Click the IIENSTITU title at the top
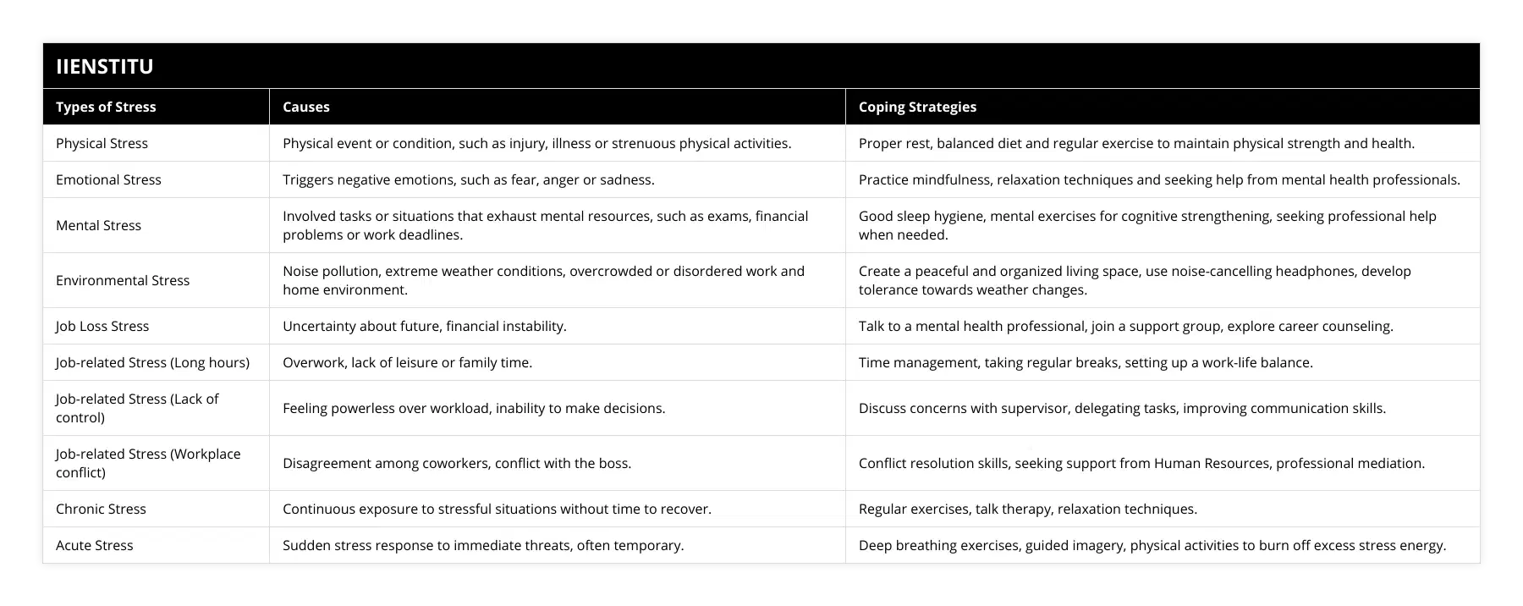coord(105,66)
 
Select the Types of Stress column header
coord(106,107)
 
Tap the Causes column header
coord(306,107)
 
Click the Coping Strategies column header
coord(917,107)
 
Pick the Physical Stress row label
coord(102,143)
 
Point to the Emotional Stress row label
coord(108,179)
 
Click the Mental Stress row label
coord(98,225)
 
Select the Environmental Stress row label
coord(123,280)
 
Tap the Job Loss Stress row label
coord(102,326)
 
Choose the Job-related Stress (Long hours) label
coord(152,362)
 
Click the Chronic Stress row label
coord(101,509)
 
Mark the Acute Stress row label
coord(94,545)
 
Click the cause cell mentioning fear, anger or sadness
coord(468,179)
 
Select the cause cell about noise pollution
coord(543,280)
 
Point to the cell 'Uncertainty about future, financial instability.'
coord(425,326)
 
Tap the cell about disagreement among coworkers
coord(457,463)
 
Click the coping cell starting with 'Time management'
coord(1086,362)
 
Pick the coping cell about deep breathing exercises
coord(1152,545)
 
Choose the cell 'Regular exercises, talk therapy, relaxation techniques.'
coord(1028,509)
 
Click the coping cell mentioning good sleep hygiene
coord(1147,225)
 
